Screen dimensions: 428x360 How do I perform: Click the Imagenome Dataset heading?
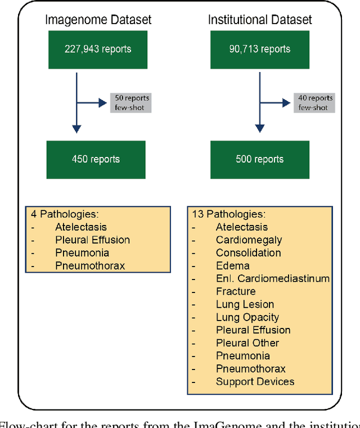98,20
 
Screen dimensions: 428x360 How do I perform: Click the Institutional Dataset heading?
259,20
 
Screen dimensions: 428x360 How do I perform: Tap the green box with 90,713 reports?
259,49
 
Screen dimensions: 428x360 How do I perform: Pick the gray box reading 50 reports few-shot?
130,102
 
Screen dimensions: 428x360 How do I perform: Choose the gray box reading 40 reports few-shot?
314,102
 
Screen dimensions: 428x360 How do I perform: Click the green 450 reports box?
96,159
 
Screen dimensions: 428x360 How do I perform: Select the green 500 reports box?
260,159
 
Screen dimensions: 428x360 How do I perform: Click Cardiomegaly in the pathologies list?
249,240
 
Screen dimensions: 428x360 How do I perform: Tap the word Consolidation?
248,253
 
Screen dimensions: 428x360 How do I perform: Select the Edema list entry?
232,266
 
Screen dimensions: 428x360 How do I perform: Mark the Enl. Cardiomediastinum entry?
272,278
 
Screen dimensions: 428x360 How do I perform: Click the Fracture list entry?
236,291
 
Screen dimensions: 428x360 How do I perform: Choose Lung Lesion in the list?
245,304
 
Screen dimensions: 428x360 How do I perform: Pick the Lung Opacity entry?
247,317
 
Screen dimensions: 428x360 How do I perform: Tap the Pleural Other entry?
247,343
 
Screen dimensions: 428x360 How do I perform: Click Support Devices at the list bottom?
255,381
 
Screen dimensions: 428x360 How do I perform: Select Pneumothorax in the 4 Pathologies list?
90,265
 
